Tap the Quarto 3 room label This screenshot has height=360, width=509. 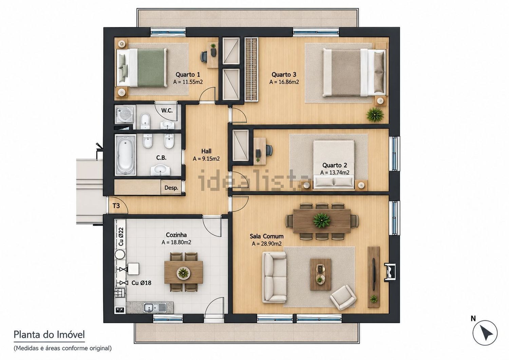[284, 74]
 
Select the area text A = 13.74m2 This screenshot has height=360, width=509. [335, 173]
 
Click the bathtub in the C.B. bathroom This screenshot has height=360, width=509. [126, 155]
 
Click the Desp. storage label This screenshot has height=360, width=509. [171, 188]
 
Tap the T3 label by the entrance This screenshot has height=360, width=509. [116, 206]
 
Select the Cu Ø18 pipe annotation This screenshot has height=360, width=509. [142, 283]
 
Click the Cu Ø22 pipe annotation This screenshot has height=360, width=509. [121, 236]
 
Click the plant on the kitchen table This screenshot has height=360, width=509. [183, 272]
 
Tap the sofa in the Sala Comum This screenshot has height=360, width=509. [274, 277]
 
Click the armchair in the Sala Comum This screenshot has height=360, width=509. [343, 298]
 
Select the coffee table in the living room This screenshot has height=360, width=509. [320, 274]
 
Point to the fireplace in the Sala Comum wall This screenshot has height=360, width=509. [390, 272]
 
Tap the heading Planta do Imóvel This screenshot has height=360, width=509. [49, 335]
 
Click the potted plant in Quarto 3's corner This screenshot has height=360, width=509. [375, 114]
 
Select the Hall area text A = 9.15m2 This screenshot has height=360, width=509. [206, 159]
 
